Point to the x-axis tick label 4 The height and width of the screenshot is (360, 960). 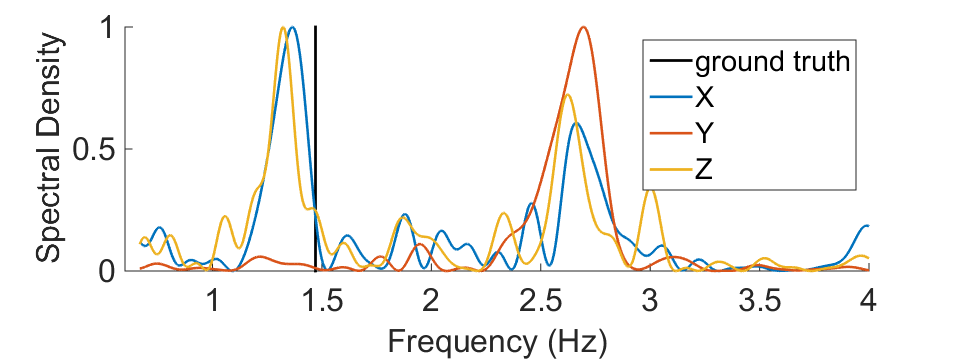869,301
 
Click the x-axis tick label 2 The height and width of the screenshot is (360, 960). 431,301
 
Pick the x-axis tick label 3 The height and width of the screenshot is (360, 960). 650,301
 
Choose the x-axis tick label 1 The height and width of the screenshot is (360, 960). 213,301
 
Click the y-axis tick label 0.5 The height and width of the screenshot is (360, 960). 94,149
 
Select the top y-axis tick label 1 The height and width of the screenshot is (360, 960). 107,28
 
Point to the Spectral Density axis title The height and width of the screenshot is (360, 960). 49,148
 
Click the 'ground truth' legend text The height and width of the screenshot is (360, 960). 773,62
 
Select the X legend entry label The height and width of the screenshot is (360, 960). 703,99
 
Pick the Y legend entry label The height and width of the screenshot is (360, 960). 703,134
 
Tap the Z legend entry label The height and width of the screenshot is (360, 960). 703,170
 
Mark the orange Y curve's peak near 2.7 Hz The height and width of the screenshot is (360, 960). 583,28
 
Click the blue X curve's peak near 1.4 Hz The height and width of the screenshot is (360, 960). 292,28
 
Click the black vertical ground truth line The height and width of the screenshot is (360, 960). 315,148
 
